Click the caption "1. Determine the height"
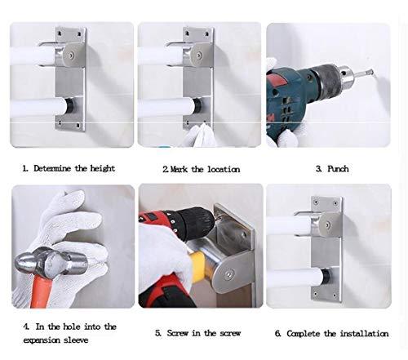[x=69, y=168]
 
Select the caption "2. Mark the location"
[x=202, y=169]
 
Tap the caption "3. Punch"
[x=332, y=168]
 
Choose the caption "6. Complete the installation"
[x=332, y=332]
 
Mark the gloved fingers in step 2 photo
[x=194, y=136]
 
